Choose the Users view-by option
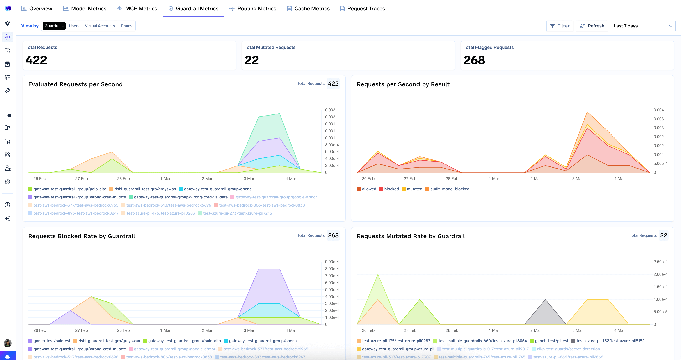pyautogui.click(x=74, y=26)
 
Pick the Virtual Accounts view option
pyautogui.click(x=100, y=26)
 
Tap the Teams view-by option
pyautogui.click(x=126, y=26)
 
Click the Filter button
pyautogui.click(x=560, y=26)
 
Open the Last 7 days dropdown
pyautogui.click(x=643, y=26)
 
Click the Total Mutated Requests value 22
pyautogui.click(x=251, y=60)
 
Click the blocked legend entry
pyautogui.click(x=391, y=189)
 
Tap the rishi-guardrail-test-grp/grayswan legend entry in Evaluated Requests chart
pyautogui.click(x=145, y=189)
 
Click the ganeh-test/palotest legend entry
pyautogui.click(x=52, y=341)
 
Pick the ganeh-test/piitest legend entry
pyautogui.click(x=551, y=341)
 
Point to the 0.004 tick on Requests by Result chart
pyautogui.click(x=658, y=110)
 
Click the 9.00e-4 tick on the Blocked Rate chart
pyautogui.click(x=331, y=262)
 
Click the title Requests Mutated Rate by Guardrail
pyautogui.click(x=411, y=236)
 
